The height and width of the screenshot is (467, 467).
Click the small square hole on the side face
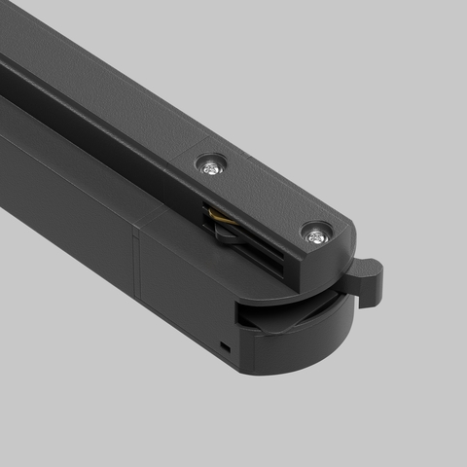coord(226,344)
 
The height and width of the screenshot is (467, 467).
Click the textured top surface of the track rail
coord(97,78)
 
